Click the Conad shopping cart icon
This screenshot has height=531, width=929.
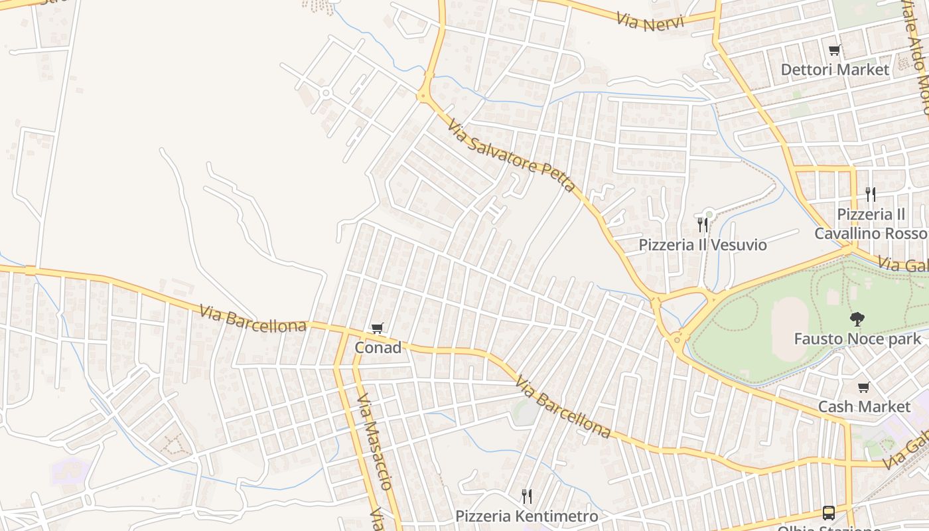tap(378, 328)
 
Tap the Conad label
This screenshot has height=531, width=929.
tap(378, 347)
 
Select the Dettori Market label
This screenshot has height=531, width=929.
tap(835, 70)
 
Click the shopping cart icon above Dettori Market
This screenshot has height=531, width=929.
tap(835, 50)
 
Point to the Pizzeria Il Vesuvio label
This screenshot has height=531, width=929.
tap(703, 245)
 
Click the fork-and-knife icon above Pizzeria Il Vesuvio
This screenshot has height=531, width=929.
tap(703, 225)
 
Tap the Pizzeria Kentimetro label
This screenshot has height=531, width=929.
tap(527, 516)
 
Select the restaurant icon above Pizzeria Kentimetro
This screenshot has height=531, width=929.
tap(527, 496)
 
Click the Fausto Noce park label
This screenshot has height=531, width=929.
tap(858, 339)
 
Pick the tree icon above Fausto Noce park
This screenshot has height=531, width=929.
tap(857, 319)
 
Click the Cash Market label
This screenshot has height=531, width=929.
tap(864, 406)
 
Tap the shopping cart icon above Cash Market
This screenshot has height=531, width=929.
tap(863, 387)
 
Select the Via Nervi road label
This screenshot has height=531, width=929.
tap(645, 21)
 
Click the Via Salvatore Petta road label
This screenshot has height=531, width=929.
tap(510, 155)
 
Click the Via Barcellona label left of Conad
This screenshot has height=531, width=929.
tap(253, 318)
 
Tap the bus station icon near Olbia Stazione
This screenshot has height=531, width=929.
tap(829, 512)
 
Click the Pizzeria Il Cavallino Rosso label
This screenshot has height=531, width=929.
tap(871, 224)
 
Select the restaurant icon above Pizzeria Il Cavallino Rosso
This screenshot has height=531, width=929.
tap(871, 194)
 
